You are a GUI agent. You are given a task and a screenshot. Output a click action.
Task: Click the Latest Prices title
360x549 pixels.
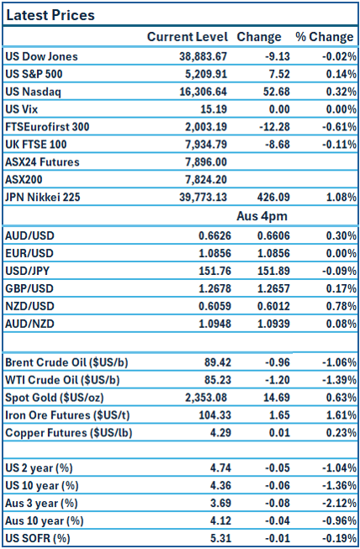click(50, 15)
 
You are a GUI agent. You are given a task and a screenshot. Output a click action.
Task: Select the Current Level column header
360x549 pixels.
click(187, 37)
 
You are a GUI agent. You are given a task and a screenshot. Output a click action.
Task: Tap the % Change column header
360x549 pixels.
click(324, 37)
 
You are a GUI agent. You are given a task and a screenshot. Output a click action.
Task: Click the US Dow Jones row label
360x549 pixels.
click(41, 56)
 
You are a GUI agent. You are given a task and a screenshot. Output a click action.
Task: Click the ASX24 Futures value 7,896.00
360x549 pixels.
click(203, 161)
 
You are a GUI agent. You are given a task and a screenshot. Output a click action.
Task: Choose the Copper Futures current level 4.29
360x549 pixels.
click(215, 433)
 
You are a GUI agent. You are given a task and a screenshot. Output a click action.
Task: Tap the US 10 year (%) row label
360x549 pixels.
click(43, 485)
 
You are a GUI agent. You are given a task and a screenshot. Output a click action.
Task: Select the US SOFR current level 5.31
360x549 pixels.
click(215, 538)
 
